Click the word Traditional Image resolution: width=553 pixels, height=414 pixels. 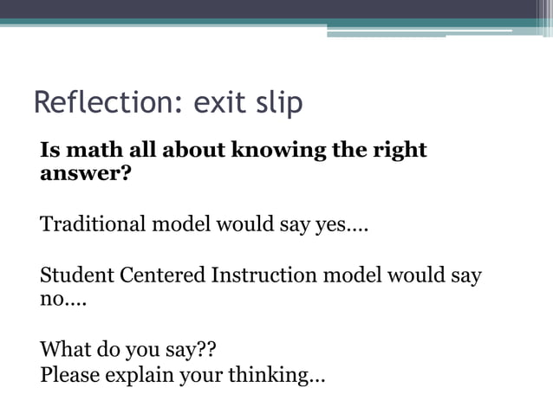click(94, 225)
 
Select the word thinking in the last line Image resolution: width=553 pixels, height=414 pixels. click(276, 377)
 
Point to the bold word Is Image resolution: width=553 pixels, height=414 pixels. click(50, 150)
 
